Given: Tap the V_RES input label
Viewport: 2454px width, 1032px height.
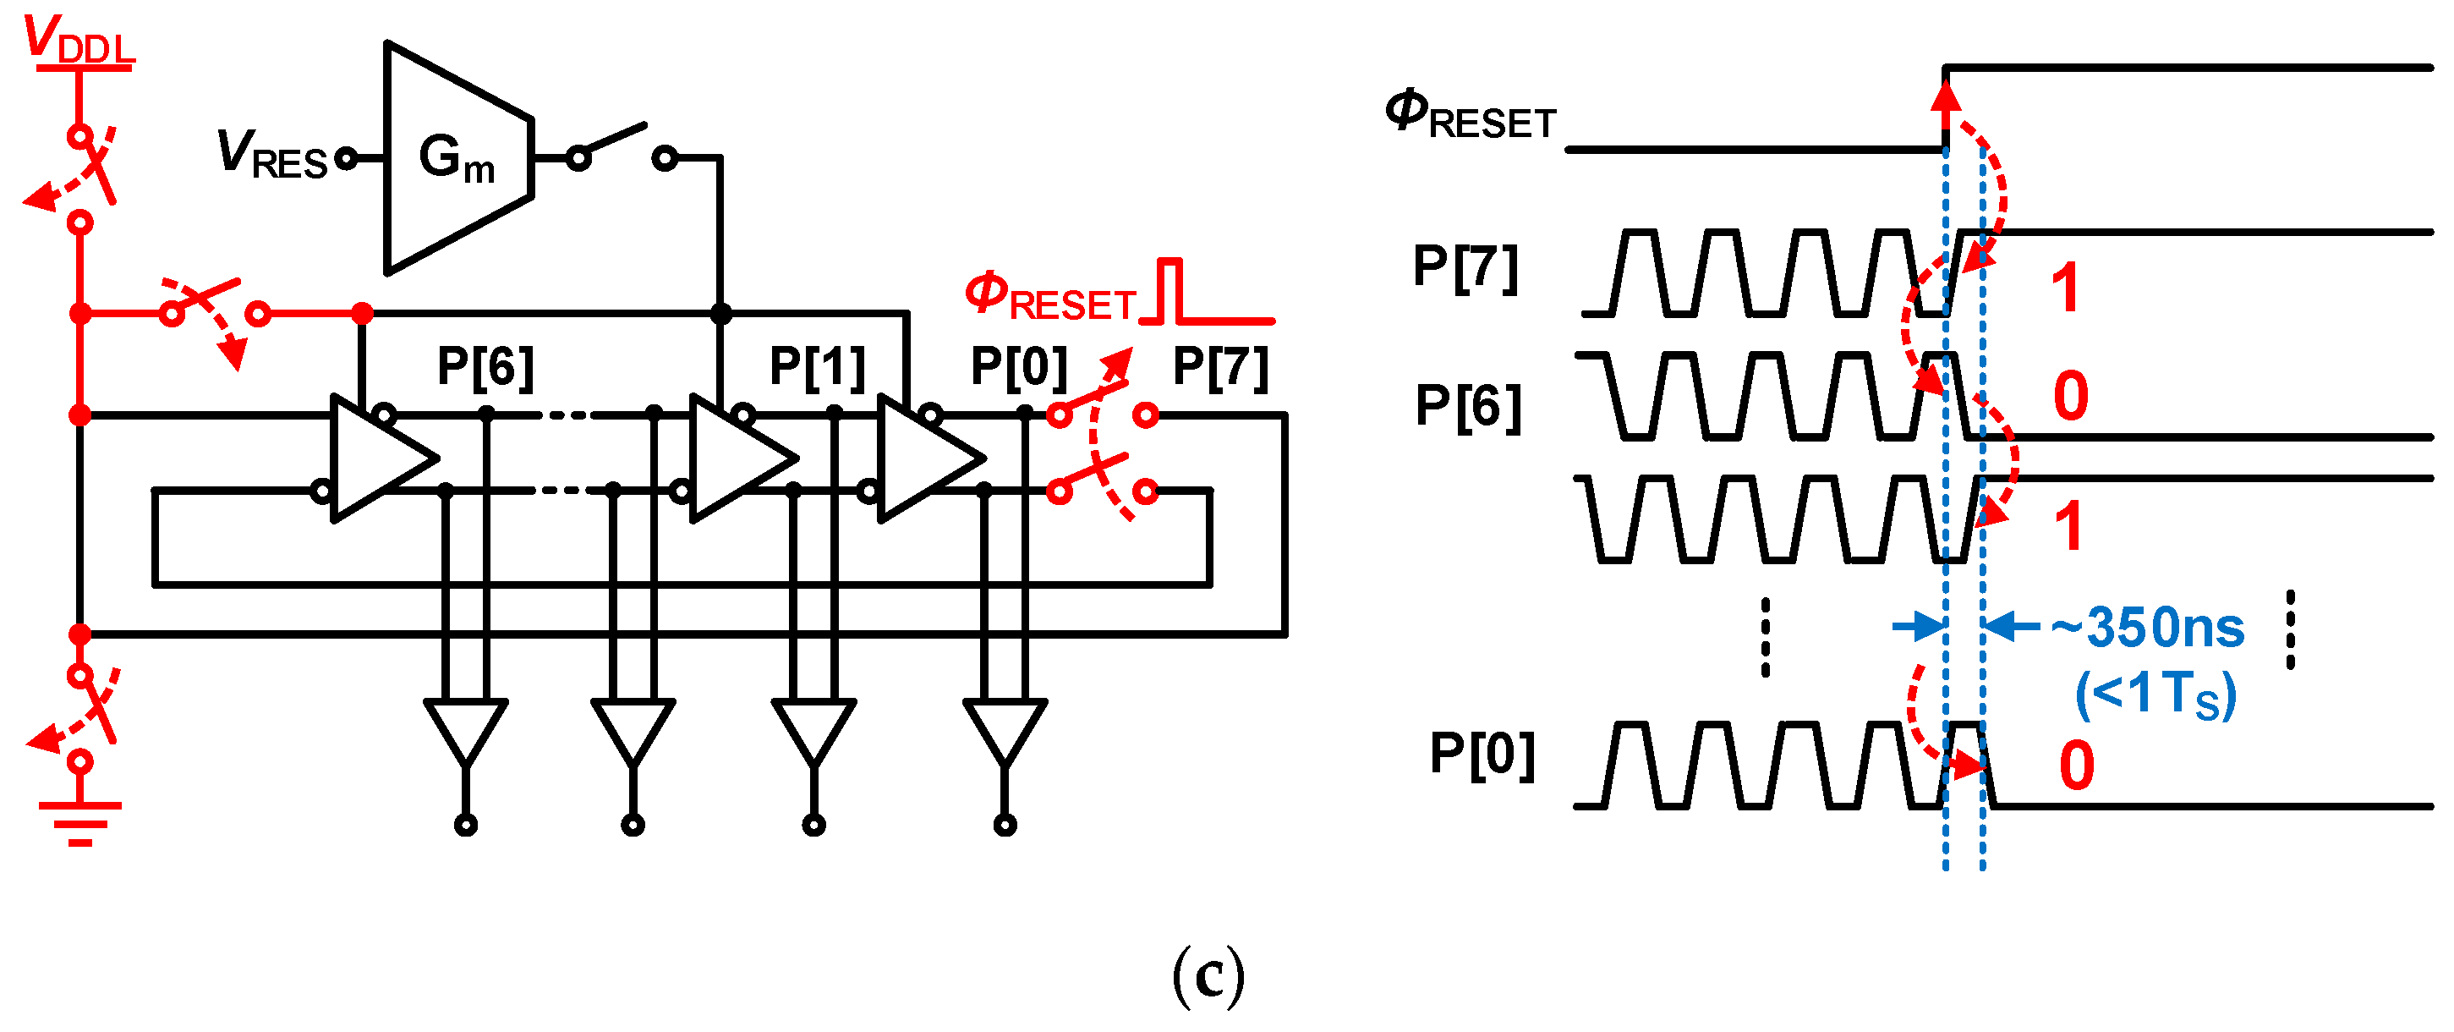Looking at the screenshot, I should [271, 154].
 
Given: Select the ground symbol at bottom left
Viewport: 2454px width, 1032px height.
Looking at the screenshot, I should [80, 821].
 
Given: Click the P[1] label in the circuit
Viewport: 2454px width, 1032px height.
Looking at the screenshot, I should [818, 366].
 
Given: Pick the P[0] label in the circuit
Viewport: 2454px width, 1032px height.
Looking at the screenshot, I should [1018, 366].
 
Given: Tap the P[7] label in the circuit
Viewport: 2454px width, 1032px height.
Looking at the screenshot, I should [1220, 366].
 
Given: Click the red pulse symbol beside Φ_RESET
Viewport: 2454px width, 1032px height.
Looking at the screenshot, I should [1208, 294].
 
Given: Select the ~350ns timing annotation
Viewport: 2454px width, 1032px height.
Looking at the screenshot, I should [2147, 628].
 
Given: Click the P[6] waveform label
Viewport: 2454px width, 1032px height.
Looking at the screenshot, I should [1468, 406].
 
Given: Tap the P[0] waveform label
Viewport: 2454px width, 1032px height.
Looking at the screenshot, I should [1482, 755].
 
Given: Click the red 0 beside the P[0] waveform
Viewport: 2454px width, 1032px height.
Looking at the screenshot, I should [2077, 766].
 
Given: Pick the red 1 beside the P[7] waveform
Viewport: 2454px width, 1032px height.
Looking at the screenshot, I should [2065, 288].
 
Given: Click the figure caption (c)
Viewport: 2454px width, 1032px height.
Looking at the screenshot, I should [1208, 976].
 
